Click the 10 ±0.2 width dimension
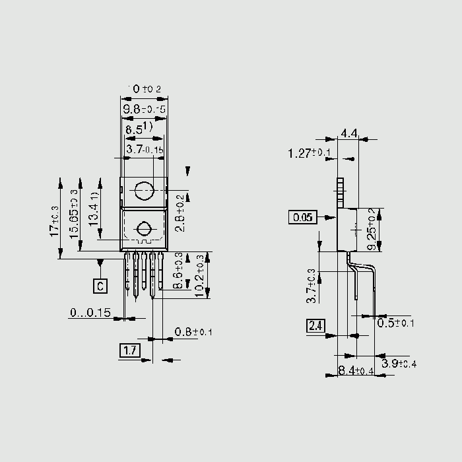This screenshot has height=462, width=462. coord(143,88)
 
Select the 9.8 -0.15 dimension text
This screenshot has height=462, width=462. coord(143,108)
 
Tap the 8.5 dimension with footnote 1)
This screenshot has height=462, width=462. coord(139,129)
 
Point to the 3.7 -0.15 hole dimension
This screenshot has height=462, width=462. coord(145,150)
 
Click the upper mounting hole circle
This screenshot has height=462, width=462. coord(143,192)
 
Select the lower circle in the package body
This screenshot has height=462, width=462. coord(143,230)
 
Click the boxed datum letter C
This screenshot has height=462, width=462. coord(100,286)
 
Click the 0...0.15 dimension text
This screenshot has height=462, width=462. coord(90,313)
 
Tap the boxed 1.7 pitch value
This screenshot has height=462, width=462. coord(129,350)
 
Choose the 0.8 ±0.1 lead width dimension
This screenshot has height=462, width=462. coord(193,332)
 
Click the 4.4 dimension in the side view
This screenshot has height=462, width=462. coord(348,134)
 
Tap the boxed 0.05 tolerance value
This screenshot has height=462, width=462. coord(303,216)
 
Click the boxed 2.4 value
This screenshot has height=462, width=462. coord(315,325)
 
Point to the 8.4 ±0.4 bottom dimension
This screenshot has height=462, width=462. coord(356,372)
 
